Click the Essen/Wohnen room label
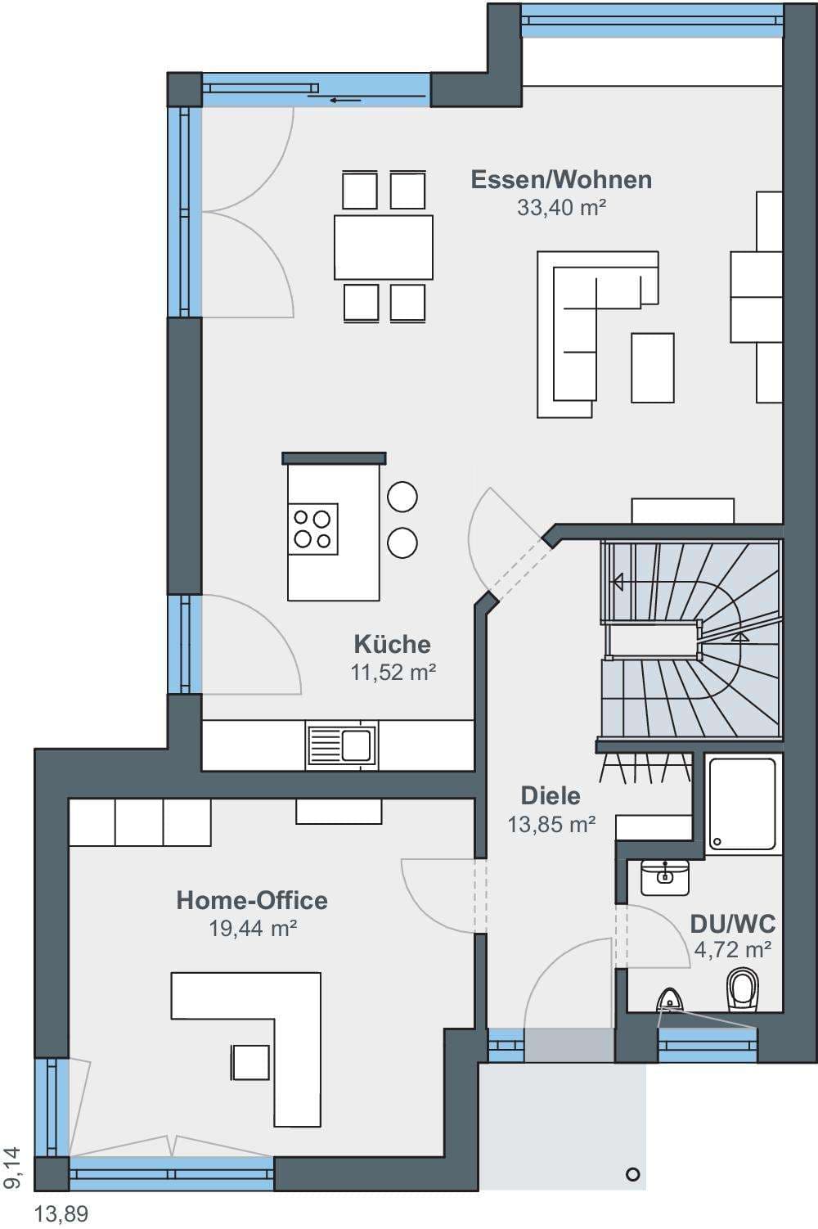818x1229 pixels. (561, 181)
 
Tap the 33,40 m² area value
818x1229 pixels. (561, 208)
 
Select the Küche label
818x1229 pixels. (393, 644)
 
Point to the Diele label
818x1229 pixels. (551, 796)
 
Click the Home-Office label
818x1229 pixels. (252, 900)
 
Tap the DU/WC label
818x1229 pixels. (733, 925)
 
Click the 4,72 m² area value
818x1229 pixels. (733, 950)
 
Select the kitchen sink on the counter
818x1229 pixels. (342, 745)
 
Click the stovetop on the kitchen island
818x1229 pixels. (312, 529)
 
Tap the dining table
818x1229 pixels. (384, 247)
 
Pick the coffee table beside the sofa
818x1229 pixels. (652, 368)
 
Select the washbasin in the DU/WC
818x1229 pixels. (665, 877)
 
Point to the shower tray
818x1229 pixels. (742, 804)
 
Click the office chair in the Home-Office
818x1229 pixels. (250, 1063)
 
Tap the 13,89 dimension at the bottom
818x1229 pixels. (61, 1214)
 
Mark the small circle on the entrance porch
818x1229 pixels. (632, 1175)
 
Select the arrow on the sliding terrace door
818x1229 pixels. (345, 101)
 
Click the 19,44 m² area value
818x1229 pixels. (253, 929)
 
